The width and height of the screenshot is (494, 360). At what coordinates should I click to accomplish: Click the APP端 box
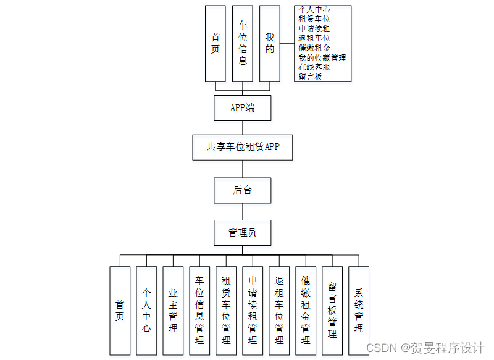242,108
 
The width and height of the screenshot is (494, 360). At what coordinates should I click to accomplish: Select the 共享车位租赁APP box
242,148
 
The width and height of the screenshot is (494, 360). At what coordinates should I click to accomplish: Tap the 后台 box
242,190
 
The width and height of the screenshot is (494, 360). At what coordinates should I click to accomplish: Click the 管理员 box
242,233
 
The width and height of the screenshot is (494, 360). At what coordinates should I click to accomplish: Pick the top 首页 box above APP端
215,43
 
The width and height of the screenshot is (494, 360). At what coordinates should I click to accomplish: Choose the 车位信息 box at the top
243,43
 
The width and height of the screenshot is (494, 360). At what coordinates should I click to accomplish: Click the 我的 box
270,43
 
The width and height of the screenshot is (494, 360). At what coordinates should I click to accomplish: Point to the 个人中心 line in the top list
314,10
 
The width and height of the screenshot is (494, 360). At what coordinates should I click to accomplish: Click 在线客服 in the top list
314,67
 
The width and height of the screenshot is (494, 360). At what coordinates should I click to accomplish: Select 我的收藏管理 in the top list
322,57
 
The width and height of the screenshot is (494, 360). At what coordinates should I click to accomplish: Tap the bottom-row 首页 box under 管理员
120,311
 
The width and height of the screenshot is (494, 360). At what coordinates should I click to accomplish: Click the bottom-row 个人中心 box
146,311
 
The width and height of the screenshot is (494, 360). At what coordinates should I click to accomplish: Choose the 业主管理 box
173,311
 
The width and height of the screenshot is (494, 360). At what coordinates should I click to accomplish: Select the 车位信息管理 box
199,311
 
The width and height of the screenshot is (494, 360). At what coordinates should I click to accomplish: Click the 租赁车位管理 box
226,311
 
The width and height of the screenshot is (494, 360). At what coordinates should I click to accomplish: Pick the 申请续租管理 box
253,311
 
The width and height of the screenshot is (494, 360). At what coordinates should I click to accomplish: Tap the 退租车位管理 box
279,311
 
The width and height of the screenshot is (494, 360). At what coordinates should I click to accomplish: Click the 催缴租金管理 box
306,311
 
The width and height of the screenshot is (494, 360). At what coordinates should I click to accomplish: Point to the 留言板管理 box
332,311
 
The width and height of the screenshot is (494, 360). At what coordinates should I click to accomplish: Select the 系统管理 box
359,311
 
